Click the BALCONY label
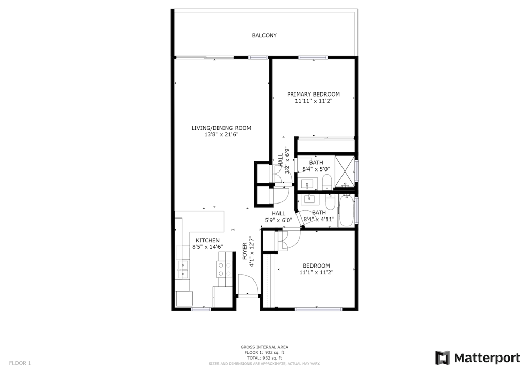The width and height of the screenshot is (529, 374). [264, 35]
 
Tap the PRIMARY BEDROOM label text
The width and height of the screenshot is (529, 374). [314, 95]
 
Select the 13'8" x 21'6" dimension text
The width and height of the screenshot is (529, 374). [221, 134]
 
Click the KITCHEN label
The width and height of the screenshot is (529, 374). [208, 240]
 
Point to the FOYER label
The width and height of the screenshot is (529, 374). [245, 252]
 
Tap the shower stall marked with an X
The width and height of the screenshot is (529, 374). [345, 172]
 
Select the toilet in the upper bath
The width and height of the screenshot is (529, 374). [327, 182]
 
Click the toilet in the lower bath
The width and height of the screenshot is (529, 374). [330, 202]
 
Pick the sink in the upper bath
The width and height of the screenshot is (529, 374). [307, 184]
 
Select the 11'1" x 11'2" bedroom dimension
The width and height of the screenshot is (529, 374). [317, 272]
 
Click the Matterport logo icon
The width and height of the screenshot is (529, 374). [443, 358]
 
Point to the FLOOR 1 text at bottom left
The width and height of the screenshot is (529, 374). [20, 363]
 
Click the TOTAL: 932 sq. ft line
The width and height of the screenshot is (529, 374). [264, 358]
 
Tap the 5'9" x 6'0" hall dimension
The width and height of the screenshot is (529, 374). [278, 220]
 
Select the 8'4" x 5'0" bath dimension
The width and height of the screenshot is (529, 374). [316, 169]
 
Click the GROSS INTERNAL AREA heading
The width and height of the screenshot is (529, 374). [264, 347]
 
